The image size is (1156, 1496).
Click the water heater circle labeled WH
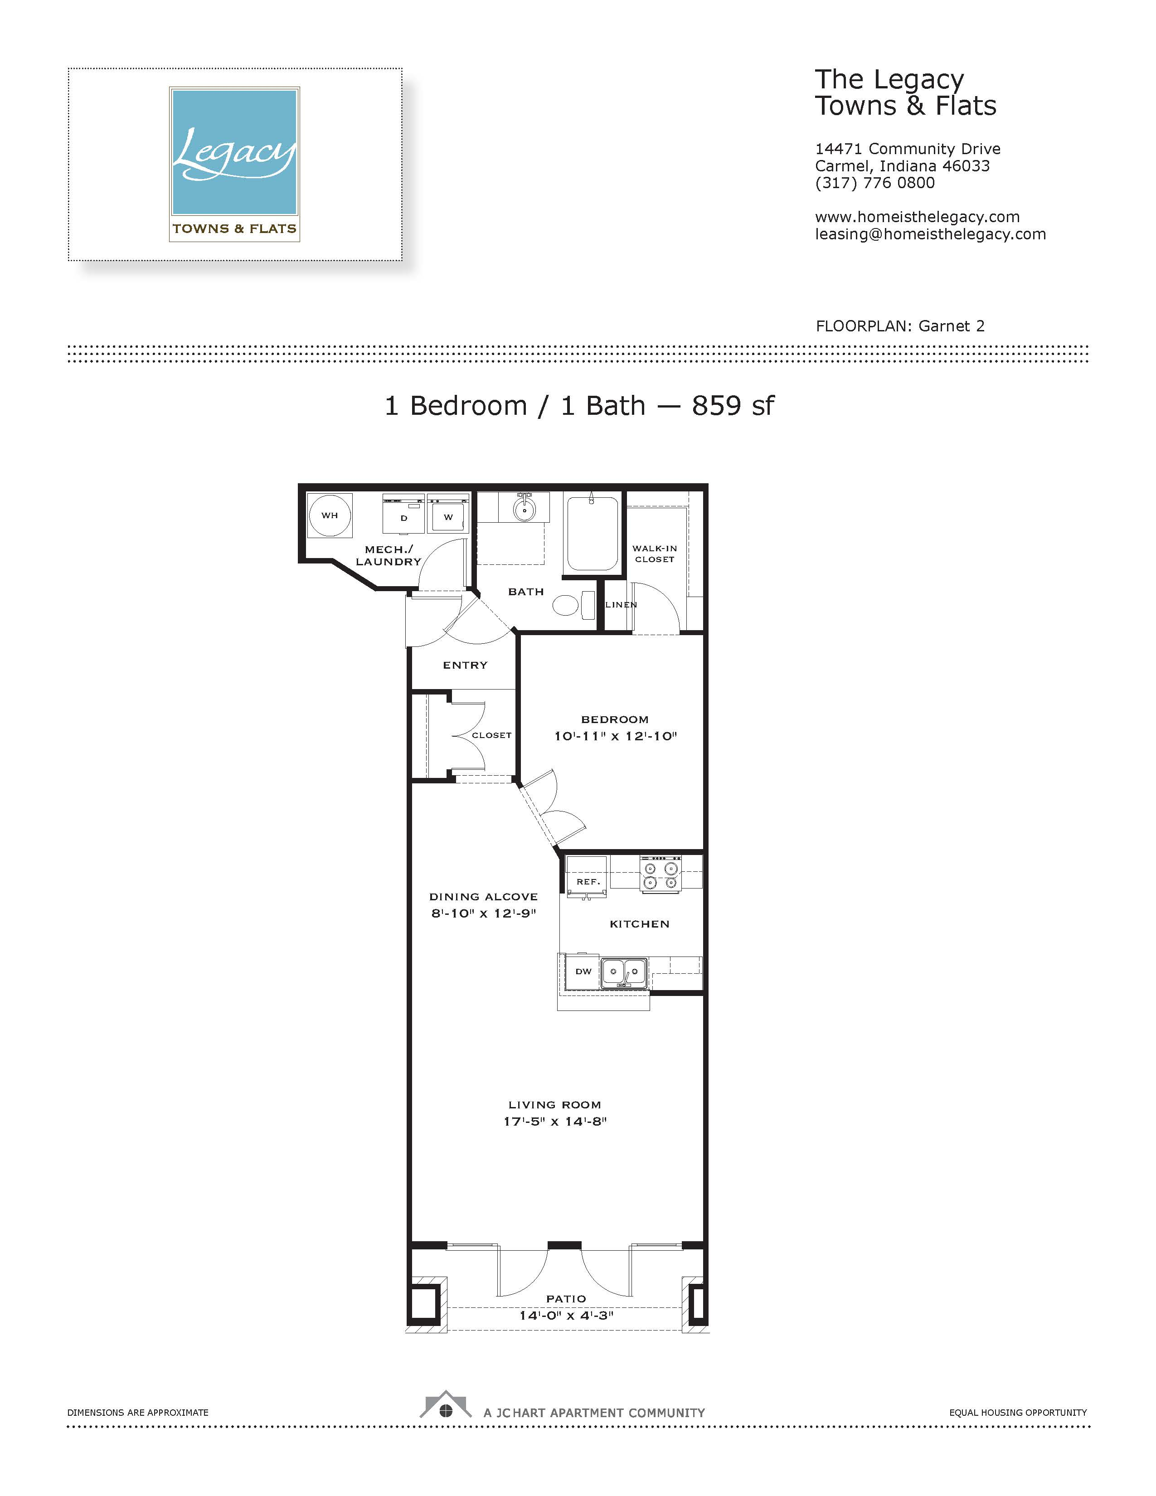[330, 515]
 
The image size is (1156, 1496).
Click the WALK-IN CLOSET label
[655, 554]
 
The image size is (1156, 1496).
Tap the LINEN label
[621, 605]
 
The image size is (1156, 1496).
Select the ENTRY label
[465, 665]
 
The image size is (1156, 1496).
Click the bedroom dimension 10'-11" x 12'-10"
[615, 736]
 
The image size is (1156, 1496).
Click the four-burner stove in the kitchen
[660, 874]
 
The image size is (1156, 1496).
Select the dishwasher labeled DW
[583, 972]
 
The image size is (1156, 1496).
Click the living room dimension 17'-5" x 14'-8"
[555, 1121]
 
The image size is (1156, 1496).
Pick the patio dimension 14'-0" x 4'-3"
[566, 1315]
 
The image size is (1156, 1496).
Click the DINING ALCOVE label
[484, 897]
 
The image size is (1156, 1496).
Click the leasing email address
[930, 234]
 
